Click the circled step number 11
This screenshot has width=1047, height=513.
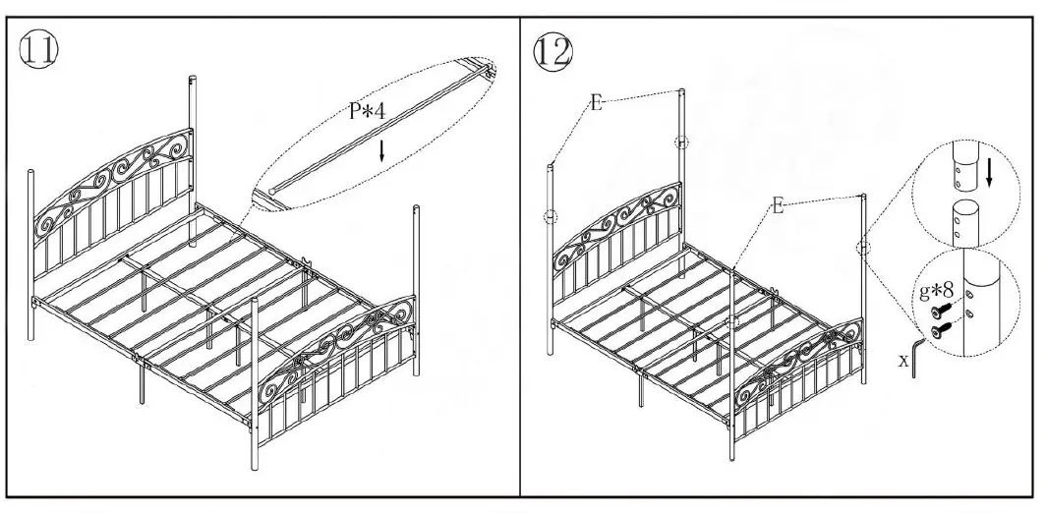pos(38,50)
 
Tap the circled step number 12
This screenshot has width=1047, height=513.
pos(552,50)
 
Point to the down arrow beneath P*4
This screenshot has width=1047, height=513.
pos(382,150)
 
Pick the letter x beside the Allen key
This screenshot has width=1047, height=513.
pos(903,360)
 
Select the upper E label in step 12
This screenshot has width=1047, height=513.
pos(596,102)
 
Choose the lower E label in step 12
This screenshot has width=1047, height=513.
pos(778,205)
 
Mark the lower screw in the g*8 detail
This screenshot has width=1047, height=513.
pos(940,333)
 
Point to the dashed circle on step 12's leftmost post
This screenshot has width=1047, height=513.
pos(551,216)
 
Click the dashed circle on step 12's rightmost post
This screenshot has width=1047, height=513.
pos(863,247)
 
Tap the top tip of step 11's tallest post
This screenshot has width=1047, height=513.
pos(192,78)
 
